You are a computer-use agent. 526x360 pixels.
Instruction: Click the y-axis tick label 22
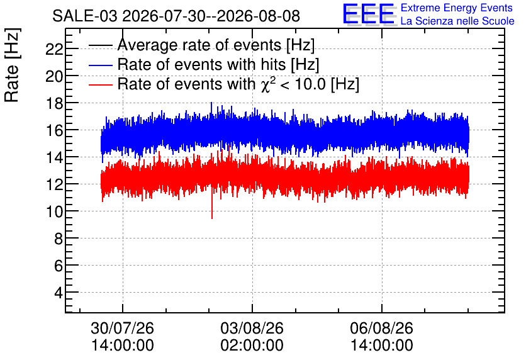pos(54,50)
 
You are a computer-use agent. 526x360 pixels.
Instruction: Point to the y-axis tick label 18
pos(54,103)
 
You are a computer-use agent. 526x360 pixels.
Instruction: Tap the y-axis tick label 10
pos(54,211)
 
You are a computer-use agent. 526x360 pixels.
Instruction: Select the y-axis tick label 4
pos(59,293)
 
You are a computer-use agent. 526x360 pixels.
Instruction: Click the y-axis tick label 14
pos(54,157)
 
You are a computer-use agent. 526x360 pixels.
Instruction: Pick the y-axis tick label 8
pos(59,239)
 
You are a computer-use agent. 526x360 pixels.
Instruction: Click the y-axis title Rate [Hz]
pos(12,65)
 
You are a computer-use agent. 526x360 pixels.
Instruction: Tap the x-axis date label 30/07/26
pos(123,328)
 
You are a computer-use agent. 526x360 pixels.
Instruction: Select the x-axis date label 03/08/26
pos(252,328)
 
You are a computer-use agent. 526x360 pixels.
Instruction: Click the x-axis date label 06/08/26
pos(382,328)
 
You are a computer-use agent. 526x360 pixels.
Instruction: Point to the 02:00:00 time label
pos(252,346)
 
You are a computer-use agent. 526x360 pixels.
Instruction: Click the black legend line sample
pos(100,45)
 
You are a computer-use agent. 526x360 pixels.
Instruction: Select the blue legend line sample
pos(100,65)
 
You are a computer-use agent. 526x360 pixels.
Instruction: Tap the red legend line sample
pos(100,84)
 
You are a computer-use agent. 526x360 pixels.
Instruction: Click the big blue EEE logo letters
pos(369,14)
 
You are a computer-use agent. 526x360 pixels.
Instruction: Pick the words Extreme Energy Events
pos(457,8)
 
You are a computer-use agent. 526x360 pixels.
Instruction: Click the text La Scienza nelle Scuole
pos(457,21)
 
